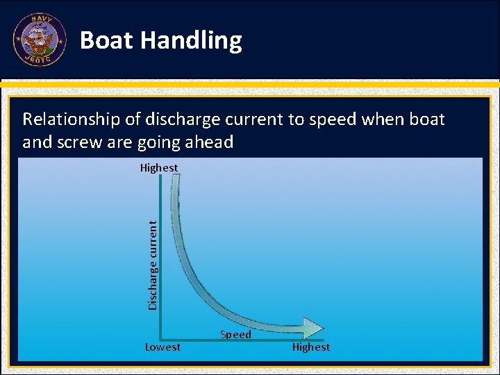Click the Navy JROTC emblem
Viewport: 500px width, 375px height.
click(40, 40)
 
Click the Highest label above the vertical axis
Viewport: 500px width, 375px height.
click(159, 168)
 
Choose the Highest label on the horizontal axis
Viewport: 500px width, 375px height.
click(311, 347)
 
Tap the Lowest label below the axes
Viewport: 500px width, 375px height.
click(162, 347)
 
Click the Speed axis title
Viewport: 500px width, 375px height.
click(235, 335)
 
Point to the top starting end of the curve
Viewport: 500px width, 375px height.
click(175, 179)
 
